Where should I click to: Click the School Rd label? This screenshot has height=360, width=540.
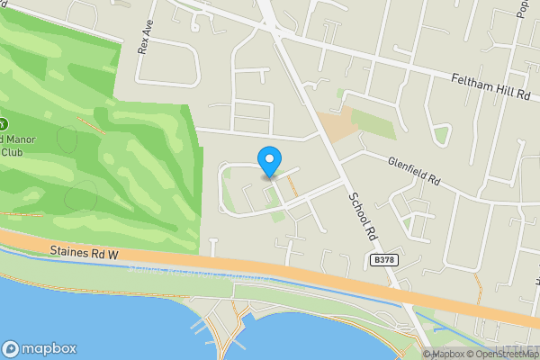[x=362, y=214]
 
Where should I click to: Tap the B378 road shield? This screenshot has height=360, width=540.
[x=383, y=260]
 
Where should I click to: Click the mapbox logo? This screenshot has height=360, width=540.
[x=40, y=348]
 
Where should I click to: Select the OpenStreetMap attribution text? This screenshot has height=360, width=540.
[x=503, y=354]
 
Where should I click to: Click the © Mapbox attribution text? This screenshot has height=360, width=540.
[x=443, y=354]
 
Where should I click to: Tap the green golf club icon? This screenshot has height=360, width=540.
[x=3, y=122]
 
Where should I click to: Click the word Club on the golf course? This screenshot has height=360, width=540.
[x=11, y=152]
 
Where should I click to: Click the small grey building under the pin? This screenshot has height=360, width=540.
[x=268, y=177]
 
